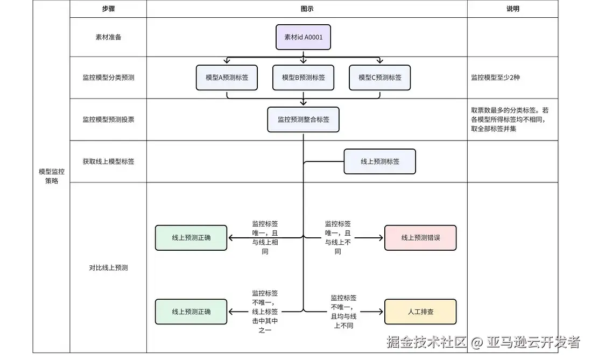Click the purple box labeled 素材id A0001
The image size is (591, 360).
303,37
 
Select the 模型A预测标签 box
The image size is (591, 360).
227,77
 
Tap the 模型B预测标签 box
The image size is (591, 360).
303,77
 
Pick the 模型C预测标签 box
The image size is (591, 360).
379,77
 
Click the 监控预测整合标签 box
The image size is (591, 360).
303,119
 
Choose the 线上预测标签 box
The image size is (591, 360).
379,161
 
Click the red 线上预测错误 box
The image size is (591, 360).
420,237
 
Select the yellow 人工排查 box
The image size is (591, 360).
420,312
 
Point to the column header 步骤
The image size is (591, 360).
108,9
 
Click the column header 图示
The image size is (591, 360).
307,9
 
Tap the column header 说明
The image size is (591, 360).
512,9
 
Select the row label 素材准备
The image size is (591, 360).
108,37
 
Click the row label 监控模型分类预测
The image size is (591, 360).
108,77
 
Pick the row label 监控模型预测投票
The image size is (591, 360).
108,119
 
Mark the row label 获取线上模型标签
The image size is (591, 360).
108,161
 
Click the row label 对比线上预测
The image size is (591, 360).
108,267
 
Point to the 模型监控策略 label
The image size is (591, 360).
51,177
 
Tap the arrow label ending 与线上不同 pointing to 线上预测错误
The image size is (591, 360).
337,237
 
